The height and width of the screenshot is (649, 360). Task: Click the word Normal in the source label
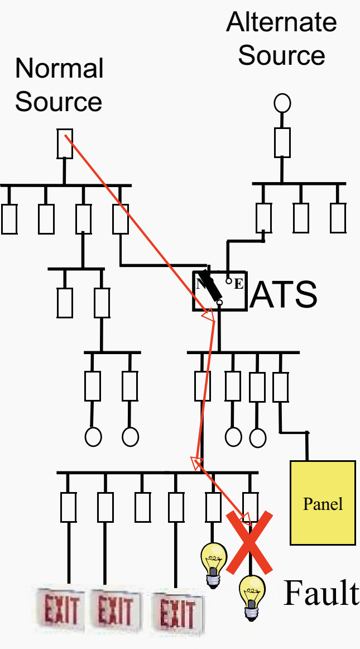pos(59,69)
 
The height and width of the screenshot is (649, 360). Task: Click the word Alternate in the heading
pos(281,23)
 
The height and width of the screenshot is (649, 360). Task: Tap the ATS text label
pos(284,294)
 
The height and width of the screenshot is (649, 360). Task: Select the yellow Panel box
pos(323,502)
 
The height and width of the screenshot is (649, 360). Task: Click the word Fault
pos(321,593)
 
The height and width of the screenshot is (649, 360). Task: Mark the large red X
pos(249,542)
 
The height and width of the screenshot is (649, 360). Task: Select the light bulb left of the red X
pos(214,564)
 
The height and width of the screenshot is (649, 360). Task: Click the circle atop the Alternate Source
pos(282,103)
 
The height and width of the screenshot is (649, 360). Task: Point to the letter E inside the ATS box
pos(238,284)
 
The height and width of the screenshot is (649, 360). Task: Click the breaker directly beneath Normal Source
pos(65,144)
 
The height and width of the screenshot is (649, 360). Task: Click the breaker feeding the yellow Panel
pos(280,386)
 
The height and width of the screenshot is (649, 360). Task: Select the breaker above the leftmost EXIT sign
pos(69,507)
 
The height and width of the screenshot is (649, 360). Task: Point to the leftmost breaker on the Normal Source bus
pos(9,219)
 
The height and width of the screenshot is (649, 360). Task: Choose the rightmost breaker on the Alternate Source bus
pos(338,218)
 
